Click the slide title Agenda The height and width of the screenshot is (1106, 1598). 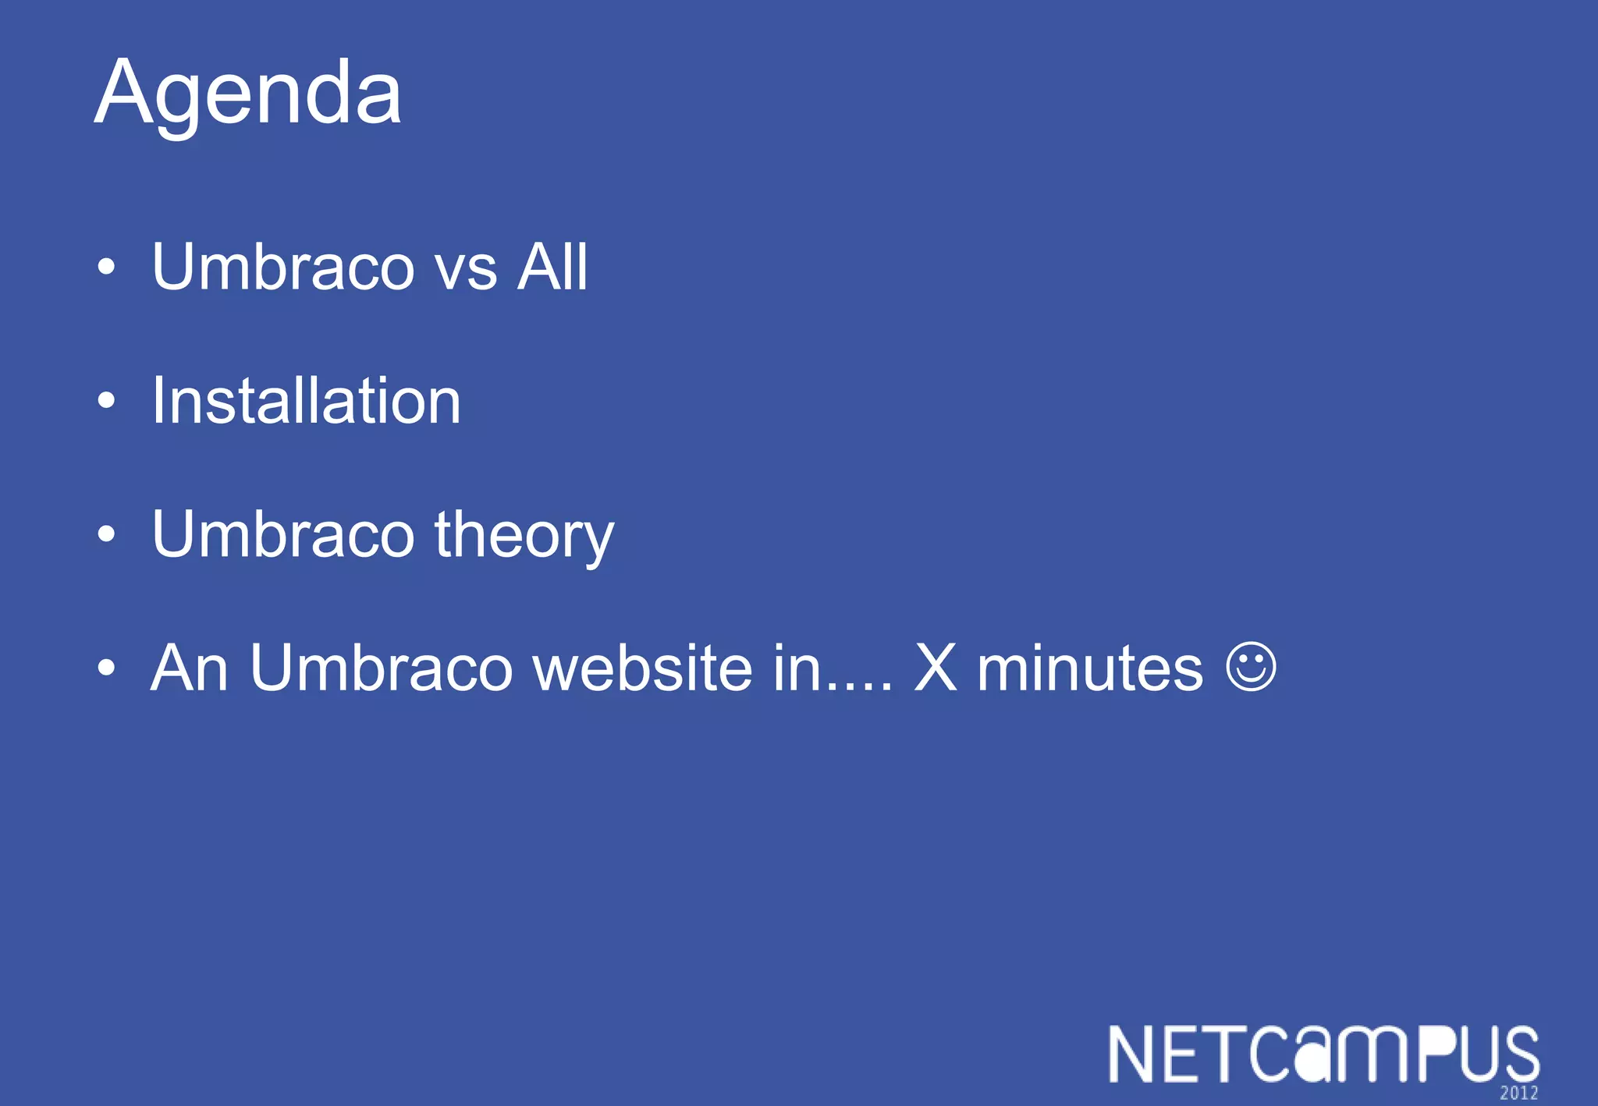(x=248, y=94)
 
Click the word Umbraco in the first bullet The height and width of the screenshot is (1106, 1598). (x=282, y=267)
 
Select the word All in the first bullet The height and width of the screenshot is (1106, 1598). (x=552, y=267)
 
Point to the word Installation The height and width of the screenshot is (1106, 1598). (x=306, y=401)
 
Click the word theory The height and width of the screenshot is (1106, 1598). (x=524, y=537)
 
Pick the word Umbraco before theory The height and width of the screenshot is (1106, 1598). (x=282, y=535)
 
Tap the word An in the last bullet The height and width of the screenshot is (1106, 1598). (x=190, y=668)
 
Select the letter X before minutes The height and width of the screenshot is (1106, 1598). (x=936, y=668)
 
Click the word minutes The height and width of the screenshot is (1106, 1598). (x=1090, y=669)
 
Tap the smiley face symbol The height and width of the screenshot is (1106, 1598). (x=1252, y=667)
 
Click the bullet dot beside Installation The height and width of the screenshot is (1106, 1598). (x=107, y=402)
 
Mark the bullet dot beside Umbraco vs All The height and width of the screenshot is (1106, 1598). (x=107, y=268)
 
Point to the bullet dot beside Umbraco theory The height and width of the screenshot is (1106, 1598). (x=107, y=535)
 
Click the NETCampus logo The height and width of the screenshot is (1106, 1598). (x=1323, y=1055)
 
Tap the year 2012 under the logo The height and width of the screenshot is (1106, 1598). (x=1518, y=1094)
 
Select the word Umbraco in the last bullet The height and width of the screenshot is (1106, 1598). (x=381, y=668)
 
